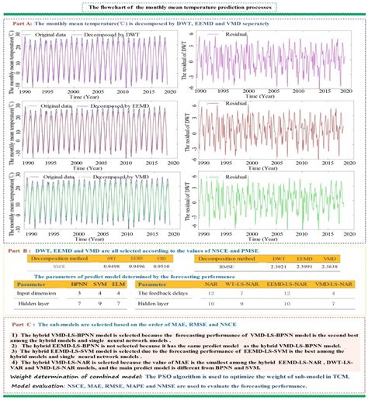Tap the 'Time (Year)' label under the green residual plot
(x=272, y=240)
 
